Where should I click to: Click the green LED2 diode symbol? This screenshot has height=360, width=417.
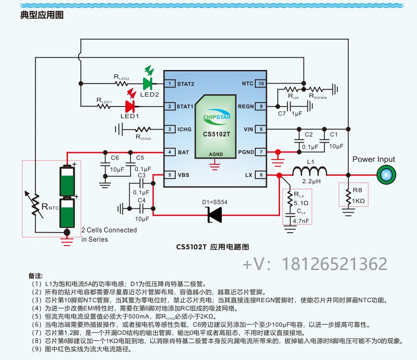(147, 83)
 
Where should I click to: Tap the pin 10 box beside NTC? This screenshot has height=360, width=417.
(261, 83)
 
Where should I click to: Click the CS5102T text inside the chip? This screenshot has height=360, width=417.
(216, 134)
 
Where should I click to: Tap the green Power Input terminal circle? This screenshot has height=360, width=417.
(384, 175)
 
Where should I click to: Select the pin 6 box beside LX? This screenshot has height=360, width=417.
(261, 175)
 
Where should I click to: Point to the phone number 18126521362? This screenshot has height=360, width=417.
(335, 264)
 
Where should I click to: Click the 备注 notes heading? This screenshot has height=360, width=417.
(36, 276)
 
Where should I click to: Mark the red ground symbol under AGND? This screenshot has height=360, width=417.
(214, 164)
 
